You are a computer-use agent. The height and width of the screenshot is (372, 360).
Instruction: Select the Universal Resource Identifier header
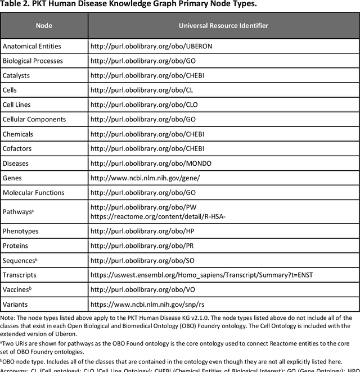[223, 25]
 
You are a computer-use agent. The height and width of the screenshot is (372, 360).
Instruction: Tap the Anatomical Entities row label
[32, 46]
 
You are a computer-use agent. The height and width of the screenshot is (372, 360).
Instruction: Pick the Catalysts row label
[16, 75]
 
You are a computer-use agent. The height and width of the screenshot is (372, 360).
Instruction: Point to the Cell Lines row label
[17, 105]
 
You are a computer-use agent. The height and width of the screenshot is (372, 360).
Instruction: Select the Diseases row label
[16, 163]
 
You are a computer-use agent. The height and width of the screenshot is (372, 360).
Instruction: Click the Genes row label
[13, 178]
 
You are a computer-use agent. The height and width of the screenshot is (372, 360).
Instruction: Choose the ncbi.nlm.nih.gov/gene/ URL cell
[145, 178]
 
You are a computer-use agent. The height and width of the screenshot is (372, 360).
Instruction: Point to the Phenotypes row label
[21, 231]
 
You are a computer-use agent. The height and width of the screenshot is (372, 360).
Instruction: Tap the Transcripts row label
[19, 275]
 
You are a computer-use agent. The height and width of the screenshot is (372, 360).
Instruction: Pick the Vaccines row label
[16, 289]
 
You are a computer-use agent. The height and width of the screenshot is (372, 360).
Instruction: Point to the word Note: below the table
[8, 318]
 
